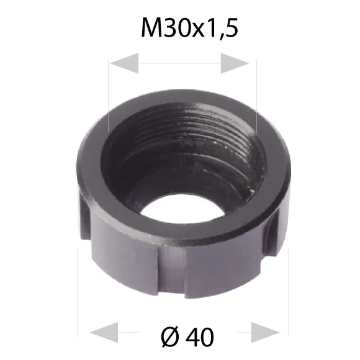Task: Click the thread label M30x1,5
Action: [190, 28]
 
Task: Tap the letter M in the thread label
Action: [152, 27]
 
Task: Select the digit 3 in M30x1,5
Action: [171, 27]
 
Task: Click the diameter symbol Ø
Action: [170, 337]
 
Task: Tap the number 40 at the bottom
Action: [200, 337]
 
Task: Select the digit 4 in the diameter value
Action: [192, 337]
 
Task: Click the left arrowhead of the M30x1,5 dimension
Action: [125, 63]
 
